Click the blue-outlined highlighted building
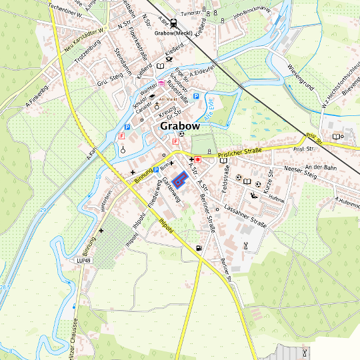pyautogui.click(x=179, y=179)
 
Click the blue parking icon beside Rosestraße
pyautogui.click(x=196, y=97)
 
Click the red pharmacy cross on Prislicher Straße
pyautogui.click(x=197, y=159)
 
